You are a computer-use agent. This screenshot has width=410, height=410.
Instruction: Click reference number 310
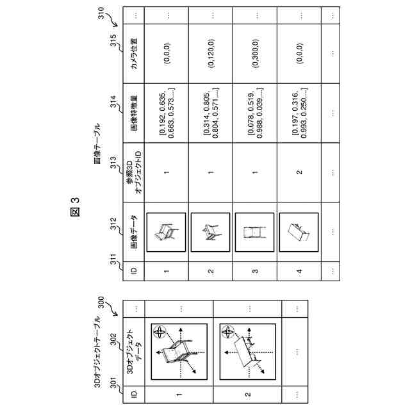point(104,13)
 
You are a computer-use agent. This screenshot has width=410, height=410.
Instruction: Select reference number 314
point(115,104)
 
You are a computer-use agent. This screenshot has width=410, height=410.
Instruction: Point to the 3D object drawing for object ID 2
point(247,351)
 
